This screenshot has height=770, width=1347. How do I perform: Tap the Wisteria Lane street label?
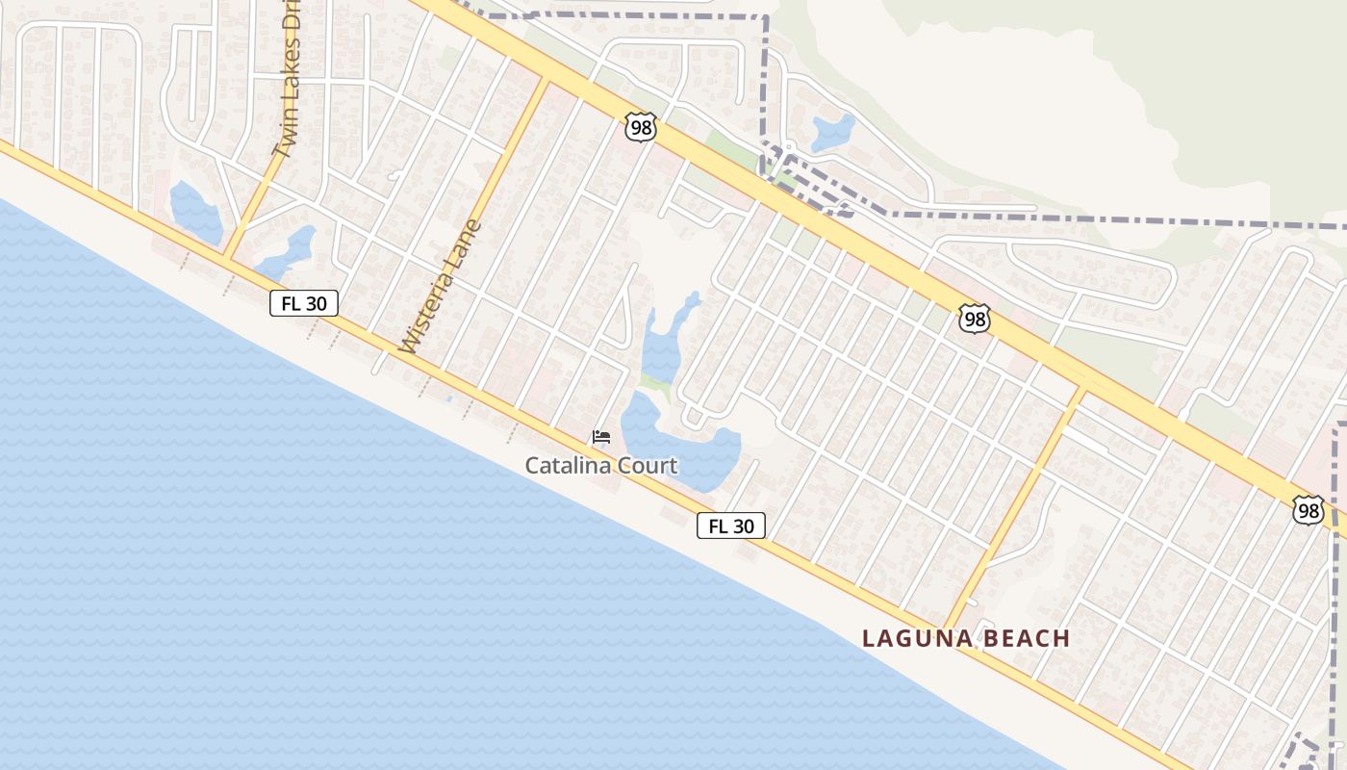click(440, 286)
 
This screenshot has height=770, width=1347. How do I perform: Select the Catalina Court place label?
click(601, 466)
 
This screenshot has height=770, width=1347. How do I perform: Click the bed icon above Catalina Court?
click(601, 438)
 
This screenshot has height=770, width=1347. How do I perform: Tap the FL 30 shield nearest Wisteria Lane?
click(304, 304)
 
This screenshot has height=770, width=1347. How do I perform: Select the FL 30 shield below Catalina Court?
click(731, 526)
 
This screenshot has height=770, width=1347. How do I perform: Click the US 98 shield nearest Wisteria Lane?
click(640, 126)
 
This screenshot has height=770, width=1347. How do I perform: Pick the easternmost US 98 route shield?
click(1309, 510)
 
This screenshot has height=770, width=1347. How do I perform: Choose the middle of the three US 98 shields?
click(975, 320)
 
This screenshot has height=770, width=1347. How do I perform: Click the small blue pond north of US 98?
click(832, 132)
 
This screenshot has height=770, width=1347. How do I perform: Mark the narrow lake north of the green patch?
click(664, 342)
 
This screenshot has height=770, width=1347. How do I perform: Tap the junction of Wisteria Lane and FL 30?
click(394, 352)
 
